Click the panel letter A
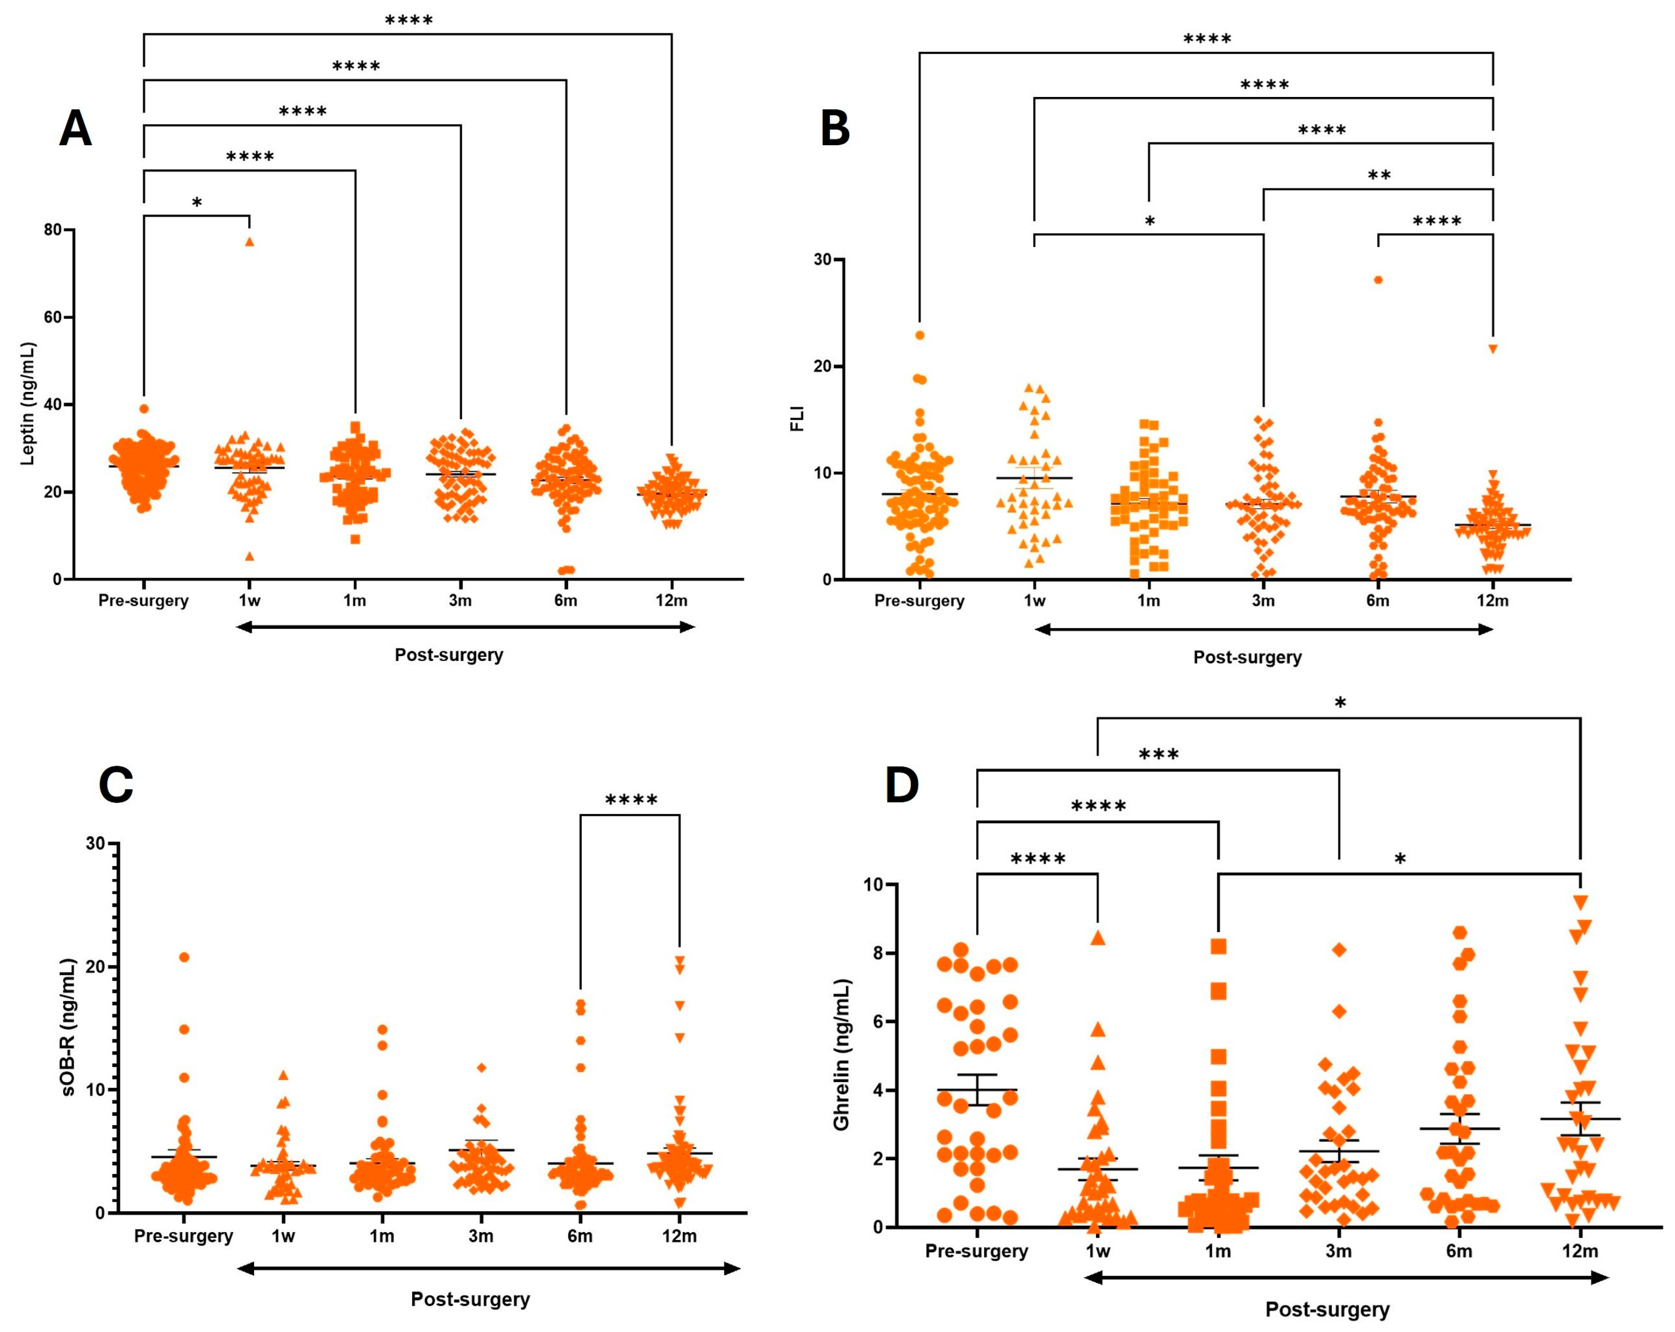click(x=75, y=129)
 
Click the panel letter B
click(x=835, y=129)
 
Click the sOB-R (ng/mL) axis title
click(x=70, y=1027)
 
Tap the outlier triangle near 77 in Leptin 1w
click(x=250, y=241)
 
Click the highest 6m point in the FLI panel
click(x=1378, y=279)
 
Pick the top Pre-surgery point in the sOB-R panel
click(x=184, y=957)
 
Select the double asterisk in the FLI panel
click(x=1379, y=175)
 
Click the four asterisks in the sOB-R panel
click(x=631, y=800)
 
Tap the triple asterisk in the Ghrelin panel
click(x=1158, y=755)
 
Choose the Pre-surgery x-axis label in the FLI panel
click(x=919, y=601)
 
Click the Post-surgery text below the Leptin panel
click(x=449, y=655)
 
